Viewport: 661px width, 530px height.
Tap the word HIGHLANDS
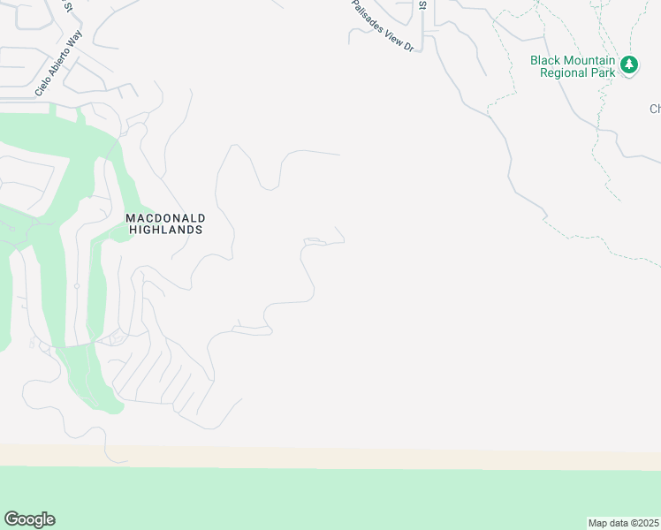[x=165, y=230]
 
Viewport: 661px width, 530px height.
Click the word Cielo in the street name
[x=42, y=87]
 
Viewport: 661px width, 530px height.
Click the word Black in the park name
[x=546, y=60]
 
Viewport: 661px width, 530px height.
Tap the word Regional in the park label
[x=564, y=72]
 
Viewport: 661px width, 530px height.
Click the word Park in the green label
[x=601, y=72]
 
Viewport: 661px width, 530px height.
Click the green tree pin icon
[x=629, y=65]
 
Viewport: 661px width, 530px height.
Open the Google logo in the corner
[x=29, y=519]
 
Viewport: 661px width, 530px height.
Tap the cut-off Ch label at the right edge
[x=655, y=109]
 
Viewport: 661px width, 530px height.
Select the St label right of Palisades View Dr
[x=422, y=5]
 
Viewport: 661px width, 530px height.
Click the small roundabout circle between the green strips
[x=77, y=286]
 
